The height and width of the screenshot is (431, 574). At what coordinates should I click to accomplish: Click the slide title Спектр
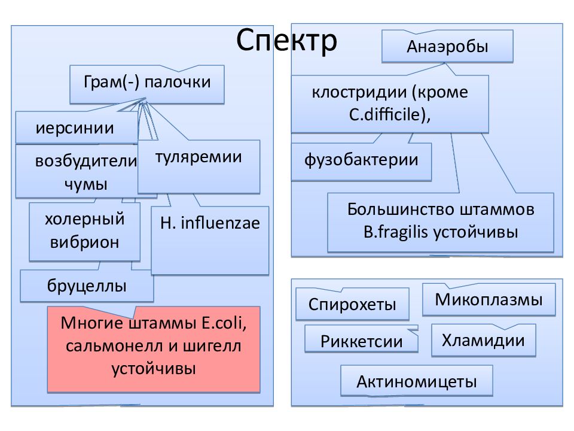click(x=286, y=40)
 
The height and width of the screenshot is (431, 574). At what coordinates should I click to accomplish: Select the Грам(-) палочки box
click(x=147, y=84)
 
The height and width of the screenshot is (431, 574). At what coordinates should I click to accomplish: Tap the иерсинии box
click(x=77, y=128)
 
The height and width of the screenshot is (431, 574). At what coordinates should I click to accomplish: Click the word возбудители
click(x=86, y=161)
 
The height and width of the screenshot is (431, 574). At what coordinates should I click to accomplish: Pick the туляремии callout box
click(x=199, y=166)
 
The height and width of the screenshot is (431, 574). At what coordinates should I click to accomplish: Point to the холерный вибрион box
click(x=84, y=232)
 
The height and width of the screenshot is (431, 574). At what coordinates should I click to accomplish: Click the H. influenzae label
click(x=210, y=223)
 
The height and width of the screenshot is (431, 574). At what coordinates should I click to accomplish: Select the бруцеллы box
click(x=87, y=286)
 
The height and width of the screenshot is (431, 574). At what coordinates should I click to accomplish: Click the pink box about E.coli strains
click(x=154, y=349)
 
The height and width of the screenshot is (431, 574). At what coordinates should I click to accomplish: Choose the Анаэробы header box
click(x=447, y=46)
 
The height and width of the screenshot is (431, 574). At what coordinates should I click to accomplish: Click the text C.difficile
click(x=388, y=115)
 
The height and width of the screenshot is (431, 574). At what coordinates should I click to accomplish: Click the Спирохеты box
click(x=352, y=304)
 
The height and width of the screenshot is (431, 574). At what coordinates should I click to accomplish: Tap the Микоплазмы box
click(x=488, y=300)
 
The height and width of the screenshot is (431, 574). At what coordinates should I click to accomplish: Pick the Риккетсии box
click(x=361, y=340)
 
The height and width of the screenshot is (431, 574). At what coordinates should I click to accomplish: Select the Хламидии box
click(x=483, y=340)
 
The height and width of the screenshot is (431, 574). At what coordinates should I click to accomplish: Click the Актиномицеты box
click(x=417, y=381)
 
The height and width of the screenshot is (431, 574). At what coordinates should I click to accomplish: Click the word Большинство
click(x=401, y=210)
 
